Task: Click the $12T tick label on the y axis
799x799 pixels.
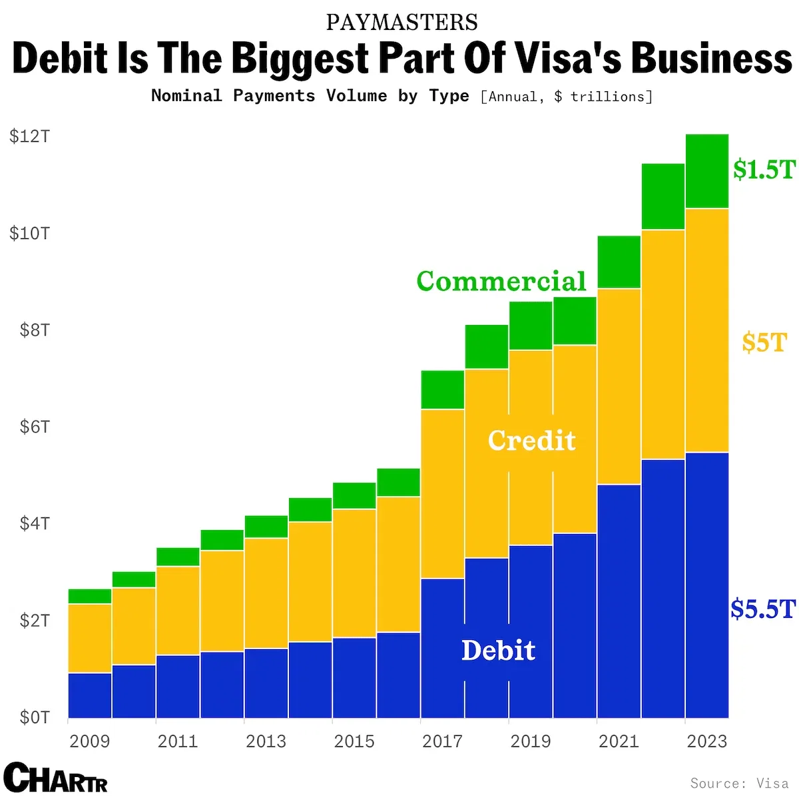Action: (29, 136)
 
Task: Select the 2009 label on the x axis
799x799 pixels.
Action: (89, 741)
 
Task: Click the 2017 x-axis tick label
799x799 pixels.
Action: (442, 741)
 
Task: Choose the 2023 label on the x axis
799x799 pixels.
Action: (706, 741)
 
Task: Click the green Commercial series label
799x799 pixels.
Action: (501, 281)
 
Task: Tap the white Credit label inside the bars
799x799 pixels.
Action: (531, 440)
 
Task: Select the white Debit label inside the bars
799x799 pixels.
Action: (498, 651)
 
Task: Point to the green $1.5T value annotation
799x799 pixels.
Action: (764, 169)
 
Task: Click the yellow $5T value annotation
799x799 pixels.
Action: (764, 342)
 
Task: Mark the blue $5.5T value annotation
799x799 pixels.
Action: (763, 609)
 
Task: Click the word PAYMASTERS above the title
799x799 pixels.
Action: (401, 23)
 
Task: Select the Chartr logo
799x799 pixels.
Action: (55, 778)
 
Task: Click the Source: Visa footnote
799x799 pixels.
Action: (739, 783)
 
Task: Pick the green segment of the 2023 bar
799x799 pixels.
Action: (706, 171)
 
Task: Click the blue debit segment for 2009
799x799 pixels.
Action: (89, 695)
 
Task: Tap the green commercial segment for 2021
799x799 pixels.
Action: (619, 262)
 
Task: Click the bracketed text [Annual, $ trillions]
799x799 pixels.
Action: (566, 97)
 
